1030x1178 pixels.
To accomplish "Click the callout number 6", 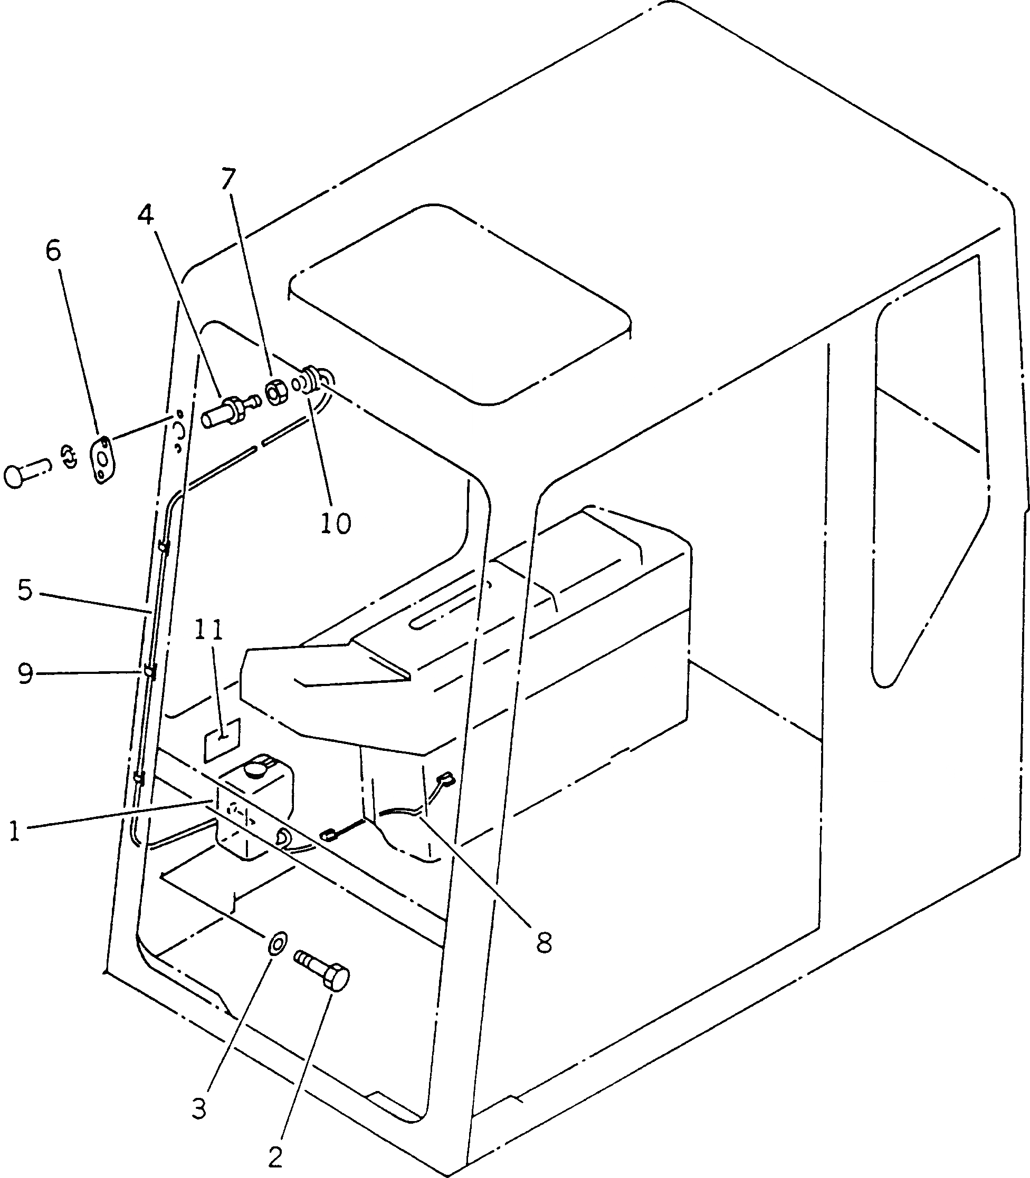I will point(53,251).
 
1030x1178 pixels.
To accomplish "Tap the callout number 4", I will point(146,215).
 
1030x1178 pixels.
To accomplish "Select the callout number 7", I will point(228,179).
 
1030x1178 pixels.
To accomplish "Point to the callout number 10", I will point(336,523).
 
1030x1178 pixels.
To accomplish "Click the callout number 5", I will point(25,590).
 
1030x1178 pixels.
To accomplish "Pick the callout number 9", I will point(25,674).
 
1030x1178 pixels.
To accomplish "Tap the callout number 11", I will point(207,631).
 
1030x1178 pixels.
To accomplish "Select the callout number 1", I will point(14,831).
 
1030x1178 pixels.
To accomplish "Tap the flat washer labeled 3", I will point(278,944).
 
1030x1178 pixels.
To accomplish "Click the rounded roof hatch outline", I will point(460,304).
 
